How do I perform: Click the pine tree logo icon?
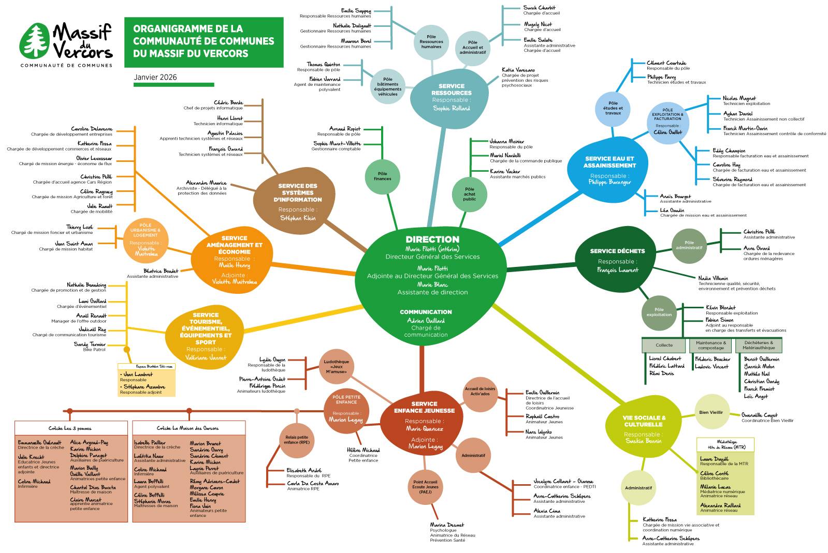pos(36,41)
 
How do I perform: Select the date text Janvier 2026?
pos(155,77)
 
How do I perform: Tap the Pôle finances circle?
pos(383,176)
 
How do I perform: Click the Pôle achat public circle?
pos(470,194)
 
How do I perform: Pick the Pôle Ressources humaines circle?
pos(431,42)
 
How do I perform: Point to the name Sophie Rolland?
pos(452,108)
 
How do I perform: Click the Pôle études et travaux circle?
pos(613,109)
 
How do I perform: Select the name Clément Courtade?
pos(666,63)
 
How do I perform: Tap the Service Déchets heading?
pos(617,251)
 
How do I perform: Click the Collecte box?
pos(664,345)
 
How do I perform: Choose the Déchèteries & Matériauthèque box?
pos(759,345)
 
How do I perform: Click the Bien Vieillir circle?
pos(711,412)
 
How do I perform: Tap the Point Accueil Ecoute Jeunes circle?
pos(425,487)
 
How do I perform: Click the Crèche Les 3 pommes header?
pos(70,428)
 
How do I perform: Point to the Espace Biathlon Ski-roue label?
pos(146,366)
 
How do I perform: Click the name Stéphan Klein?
pos(298,218)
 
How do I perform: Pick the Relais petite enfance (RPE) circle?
pos(297,440)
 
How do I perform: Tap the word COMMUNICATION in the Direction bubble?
pos(426,312)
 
